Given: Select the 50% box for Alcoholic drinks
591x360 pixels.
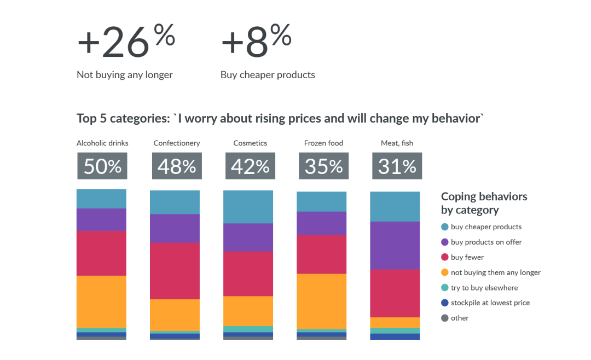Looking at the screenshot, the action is pyautogui.click(x=102, y=166).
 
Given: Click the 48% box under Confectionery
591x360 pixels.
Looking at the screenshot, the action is pyautogui.click(x=177, y=166).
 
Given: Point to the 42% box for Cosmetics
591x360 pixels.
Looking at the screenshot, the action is pyautogui.click(x=250, y=166).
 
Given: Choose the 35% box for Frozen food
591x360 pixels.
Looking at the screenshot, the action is pyautogui.click(x=324, y=166).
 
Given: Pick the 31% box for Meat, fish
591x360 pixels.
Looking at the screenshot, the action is pyautogui.click(x=397, y=166).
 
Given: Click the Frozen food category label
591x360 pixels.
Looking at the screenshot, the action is pyautogui.click(x=324, y=143).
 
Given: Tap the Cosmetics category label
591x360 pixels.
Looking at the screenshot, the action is pyautogui.click(x=250, y=143).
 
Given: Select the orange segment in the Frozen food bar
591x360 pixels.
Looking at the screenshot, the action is pyautogui.click(x=322, y=301).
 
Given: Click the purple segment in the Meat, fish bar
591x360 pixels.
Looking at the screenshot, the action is pyautogui.click(x=395, y=246).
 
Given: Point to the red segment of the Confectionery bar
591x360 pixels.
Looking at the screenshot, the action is pyautogui.click(x=175, y=271).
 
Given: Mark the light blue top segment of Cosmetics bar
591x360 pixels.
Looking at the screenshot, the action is pyautogui.click(x=248, y=207).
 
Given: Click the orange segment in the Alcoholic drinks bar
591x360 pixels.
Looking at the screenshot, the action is pyautogui.click(x=101, y=302).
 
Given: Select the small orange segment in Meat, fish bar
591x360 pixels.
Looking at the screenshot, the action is pyautogui.click(x=395, y=323).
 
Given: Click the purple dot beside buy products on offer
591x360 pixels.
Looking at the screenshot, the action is pyautogui.click(x=445, y=242).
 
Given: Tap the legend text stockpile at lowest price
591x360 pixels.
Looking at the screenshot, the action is pyautogui.click(x=490, y=303).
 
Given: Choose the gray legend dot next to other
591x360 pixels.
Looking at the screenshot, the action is pyautogui.click(x=445, y=318).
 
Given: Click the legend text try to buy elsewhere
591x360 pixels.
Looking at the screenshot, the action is pyautogui.click(x=484, y=288).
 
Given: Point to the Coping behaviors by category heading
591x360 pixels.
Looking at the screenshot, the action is pyautogui.click(x=484, y=203).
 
